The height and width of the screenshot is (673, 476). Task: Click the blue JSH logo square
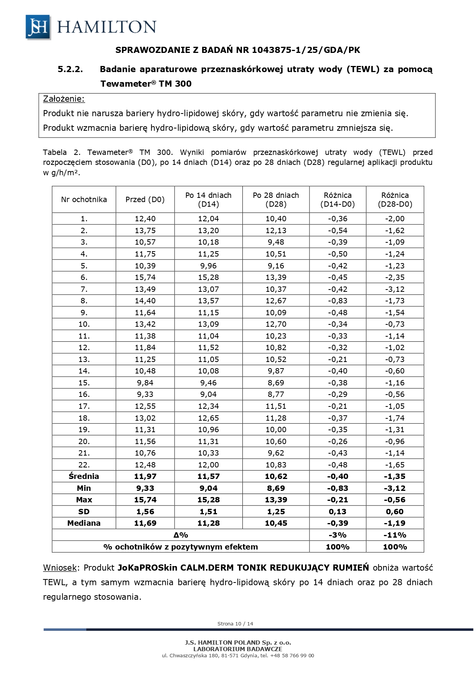click(38, 27)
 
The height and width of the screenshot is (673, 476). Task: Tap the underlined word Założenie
click(64, 99)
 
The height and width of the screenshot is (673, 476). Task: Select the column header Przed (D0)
click(145, 199)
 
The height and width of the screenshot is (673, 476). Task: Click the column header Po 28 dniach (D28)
click(276, 199)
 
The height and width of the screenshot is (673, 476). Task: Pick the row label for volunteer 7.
click(84, 289)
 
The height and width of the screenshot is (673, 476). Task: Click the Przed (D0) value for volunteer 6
click(145, 277)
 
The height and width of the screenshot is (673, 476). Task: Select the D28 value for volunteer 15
click(276, 383)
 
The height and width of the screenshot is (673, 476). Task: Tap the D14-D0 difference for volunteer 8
click(338, 301)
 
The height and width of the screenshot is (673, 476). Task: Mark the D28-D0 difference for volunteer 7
click(395, 289)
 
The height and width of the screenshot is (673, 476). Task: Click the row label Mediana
click(84, 523)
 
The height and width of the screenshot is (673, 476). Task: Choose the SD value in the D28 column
click(276, 512)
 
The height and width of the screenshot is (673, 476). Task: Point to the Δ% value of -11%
click(395, 535)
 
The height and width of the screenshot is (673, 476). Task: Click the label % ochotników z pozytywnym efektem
click(181, 547)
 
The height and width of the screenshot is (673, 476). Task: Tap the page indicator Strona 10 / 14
click(235, 624)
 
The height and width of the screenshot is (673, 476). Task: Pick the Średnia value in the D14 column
click(208, 476)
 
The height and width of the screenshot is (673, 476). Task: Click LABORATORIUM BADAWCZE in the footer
click(238, 649)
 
